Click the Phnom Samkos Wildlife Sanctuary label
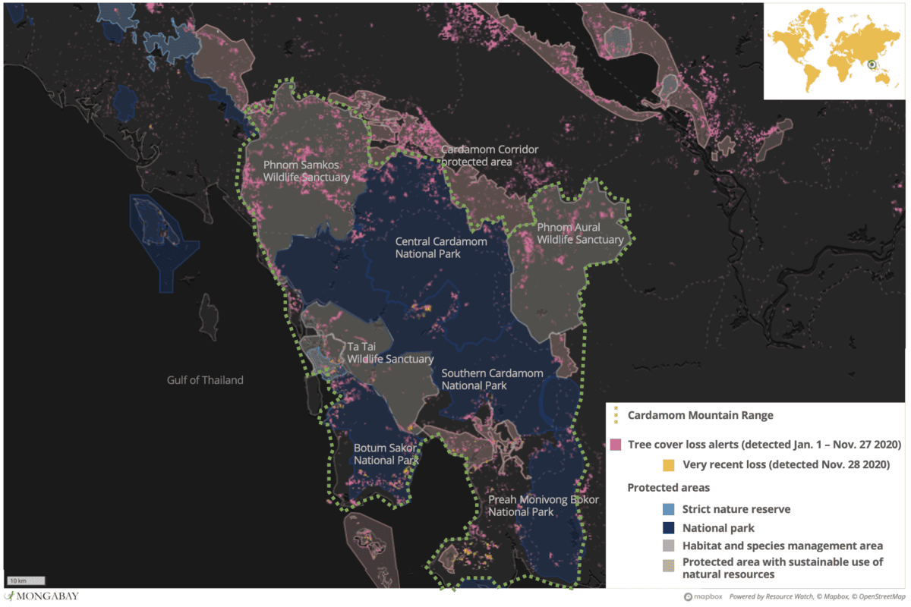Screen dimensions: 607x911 click(307, 171)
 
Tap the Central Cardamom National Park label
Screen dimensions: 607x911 click(441, 247)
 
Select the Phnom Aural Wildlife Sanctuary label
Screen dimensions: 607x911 click(580, 233)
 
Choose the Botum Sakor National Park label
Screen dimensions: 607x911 click(386, 454)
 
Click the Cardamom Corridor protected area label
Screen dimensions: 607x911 click(490, 156)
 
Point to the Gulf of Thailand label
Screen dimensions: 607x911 click(205, 380)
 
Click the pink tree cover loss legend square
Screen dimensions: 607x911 click(616, 444)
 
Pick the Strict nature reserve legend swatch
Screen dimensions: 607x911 click(669, 509)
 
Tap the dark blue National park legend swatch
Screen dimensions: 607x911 click(669, 527)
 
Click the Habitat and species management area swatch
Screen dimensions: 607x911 click(669, 546)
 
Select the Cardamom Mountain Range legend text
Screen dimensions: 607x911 click(700, 415)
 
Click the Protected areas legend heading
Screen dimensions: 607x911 click(668, 487)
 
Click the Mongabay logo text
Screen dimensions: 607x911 click(46, 596)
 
